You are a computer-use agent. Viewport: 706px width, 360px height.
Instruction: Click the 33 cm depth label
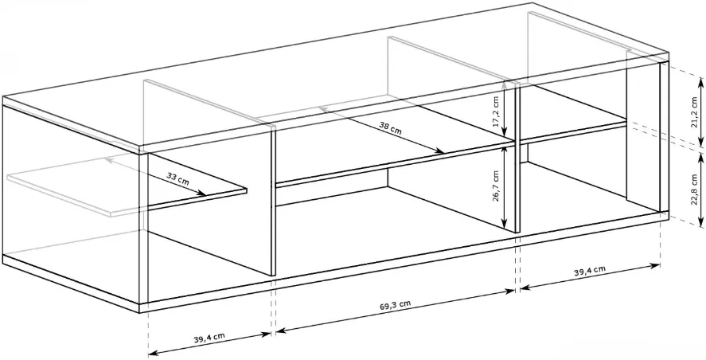177,178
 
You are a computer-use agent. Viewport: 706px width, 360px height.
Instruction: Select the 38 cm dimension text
390,128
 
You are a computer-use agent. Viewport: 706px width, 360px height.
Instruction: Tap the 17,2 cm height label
496,112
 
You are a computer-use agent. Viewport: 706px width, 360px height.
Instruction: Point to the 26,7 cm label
496,186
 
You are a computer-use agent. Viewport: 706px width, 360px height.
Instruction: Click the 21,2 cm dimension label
694,112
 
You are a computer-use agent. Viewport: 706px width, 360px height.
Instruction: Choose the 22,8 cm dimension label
694,190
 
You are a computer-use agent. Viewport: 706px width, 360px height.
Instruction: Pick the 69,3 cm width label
396,305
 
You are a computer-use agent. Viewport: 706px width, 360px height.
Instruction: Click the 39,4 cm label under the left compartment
209,338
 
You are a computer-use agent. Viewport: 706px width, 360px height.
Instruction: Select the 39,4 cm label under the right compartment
589,271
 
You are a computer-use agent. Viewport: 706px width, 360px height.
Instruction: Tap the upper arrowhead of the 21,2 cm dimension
701,80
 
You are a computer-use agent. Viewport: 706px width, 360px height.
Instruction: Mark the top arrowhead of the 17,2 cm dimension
505,84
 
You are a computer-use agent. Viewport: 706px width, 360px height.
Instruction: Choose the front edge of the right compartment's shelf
573,132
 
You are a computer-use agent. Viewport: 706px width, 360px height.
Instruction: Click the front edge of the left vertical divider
273,201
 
